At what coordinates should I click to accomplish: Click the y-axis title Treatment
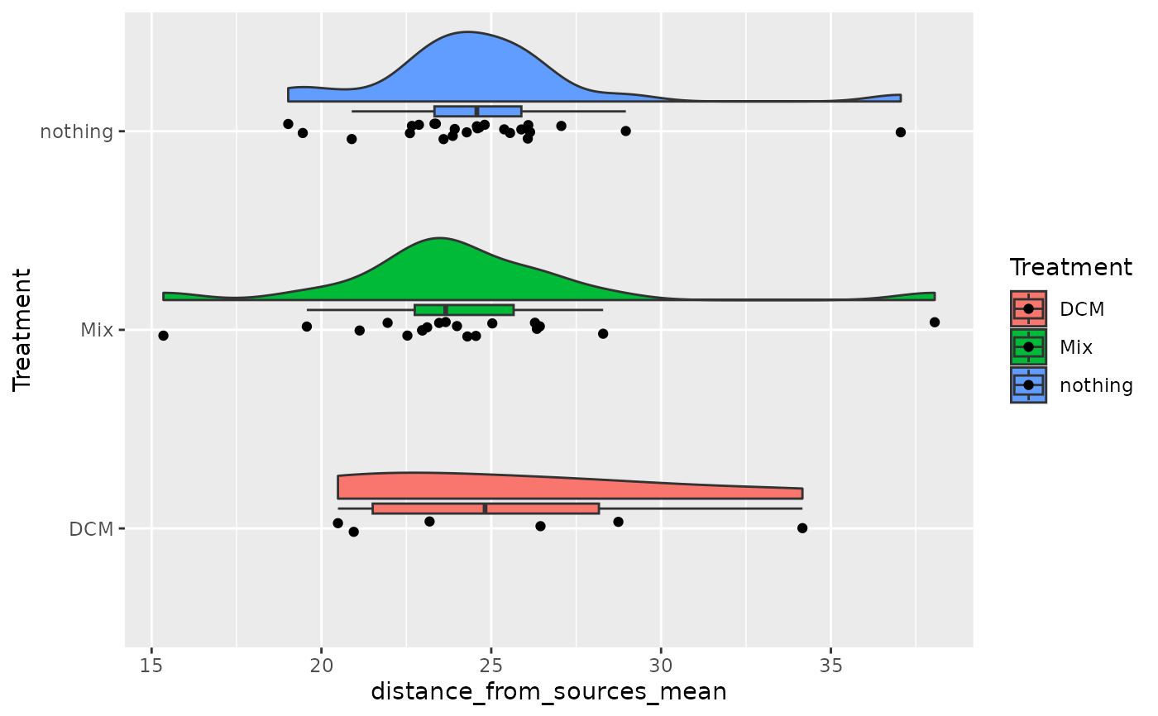[x=23, y=329]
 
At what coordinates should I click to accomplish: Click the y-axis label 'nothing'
[x=76, y=131]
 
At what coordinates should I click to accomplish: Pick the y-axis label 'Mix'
[x=96, y=330]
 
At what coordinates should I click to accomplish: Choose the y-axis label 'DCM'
[x=91, y=528]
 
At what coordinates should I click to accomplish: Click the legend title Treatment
[x=1070, y=268]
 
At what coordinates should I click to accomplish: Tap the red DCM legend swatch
[x=1028, y=309]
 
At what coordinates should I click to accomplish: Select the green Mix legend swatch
[x=1028, y=347]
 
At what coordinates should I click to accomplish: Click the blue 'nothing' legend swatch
[x=1028, y=385]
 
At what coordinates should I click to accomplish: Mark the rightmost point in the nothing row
[x=901, y=132]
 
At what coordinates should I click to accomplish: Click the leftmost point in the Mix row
[x=163, y=336]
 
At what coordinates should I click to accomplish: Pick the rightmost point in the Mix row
[x=935, y=322]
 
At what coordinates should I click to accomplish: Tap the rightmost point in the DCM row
[x=802, y=528]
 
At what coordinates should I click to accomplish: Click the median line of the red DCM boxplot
[x=485, y=508]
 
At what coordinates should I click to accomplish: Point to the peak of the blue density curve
[x=467, y=33]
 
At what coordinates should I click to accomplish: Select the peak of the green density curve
[x=439, y=239]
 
